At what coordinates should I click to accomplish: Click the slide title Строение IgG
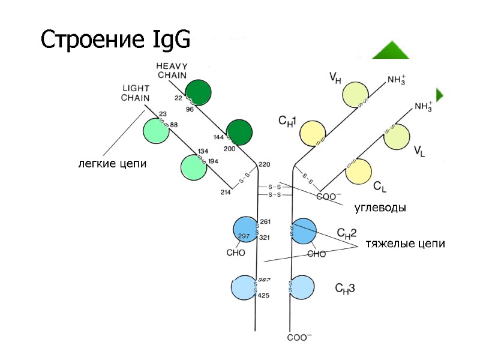point(115,40)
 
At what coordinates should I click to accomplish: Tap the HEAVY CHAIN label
point(172,70)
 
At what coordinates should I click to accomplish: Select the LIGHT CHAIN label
point(136,93)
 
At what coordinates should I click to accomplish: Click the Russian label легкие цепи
point(112,163)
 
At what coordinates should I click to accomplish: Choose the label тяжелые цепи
point(406,244)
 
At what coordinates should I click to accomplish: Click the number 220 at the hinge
point(264,164)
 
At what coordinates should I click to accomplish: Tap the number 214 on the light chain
point(226,192)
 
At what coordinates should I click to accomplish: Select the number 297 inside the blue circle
point(244,236)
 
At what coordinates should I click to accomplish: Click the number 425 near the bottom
point(264,295)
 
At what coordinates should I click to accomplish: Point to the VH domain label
point(337,77)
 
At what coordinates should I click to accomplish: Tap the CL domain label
point(379,187)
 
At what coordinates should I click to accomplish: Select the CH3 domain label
point(344,288)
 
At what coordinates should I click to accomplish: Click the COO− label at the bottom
point(299,338)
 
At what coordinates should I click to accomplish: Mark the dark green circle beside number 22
point(198,92)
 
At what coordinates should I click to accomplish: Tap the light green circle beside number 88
point(155,130)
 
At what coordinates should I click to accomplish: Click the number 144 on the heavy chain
point(219,137)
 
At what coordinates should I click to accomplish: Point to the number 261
point(265,221)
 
